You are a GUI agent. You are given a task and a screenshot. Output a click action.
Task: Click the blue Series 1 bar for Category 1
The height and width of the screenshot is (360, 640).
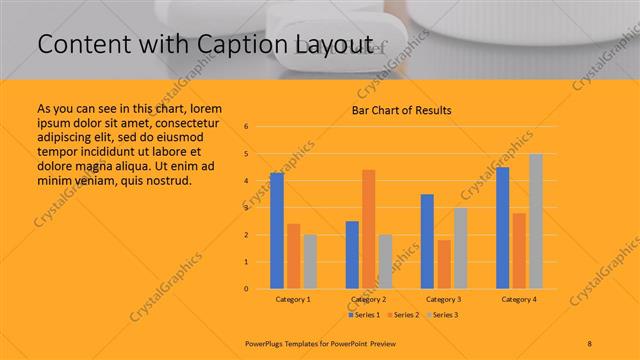point(277,231)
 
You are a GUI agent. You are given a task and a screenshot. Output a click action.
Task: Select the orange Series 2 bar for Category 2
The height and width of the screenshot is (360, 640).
point(369,229)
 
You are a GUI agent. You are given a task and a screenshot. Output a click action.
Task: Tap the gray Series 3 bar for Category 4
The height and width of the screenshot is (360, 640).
point(536,221)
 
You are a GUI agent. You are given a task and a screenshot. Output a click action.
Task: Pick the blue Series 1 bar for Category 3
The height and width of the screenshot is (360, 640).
point(427,241)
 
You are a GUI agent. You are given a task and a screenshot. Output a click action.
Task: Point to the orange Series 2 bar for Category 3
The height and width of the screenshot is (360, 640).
point(444,264)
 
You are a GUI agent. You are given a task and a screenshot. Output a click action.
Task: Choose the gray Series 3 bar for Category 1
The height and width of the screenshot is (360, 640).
point(310,261)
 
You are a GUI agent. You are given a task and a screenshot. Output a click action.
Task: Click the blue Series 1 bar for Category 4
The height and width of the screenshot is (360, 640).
point(502,228)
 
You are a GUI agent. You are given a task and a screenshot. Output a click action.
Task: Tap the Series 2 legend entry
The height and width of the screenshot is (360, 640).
point(403,315)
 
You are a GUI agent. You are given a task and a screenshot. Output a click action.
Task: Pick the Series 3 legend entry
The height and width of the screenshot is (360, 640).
point(442,315)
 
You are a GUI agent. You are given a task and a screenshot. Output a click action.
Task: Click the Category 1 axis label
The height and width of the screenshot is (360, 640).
point(293,299)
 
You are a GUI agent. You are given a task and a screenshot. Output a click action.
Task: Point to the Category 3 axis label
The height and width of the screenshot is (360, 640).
point(443,299)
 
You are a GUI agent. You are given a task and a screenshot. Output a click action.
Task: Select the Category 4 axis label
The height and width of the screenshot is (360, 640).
point(519,299)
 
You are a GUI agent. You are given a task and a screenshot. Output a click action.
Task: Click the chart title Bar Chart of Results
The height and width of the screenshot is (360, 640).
point(401,110)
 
